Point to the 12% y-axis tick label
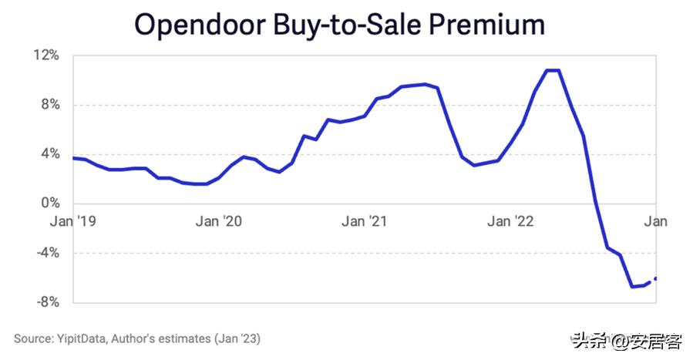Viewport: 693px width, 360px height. click(x=45, y=56)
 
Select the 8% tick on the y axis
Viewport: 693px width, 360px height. click(x=49, y=105)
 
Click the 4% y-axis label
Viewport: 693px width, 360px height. click(x=49, y=154)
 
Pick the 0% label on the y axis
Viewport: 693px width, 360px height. click(x=49, y=204)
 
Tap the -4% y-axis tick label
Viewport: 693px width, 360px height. click(x=45, y=253)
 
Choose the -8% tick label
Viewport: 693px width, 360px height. click(x=45, y=302)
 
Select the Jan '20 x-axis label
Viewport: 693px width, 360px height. click(x=219, y=222)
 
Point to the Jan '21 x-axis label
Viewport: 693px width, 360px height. click(x=364, y=222)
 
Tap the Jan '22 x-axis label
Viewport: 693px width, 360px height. click(x=510, y=222)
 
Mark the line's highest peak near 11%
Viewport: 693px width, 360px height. click(x=553, y=70)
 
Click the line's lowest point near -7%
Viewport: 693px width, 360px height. click(x=632, y=287)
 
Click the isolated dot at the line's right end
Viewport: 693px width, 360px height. click(x=656, y=278)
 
